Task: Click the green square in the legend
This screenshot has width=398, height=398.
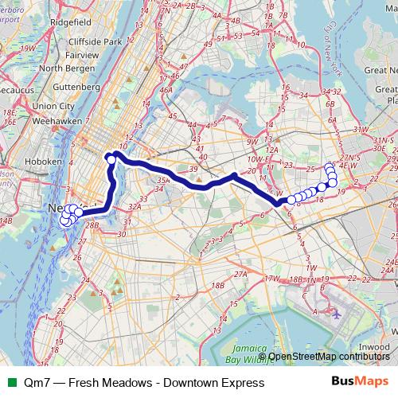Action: point(10,383)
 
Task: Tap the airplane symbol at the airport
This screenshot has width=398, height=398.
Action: point(337,313)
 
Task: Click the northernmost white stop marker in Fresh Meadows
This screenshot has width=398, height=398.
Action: point(330,166)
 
